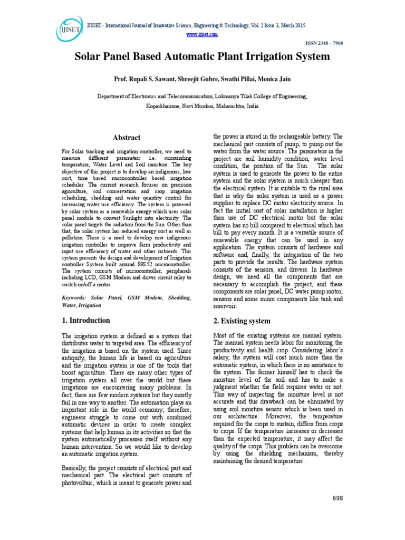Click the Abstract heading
coord(127,138)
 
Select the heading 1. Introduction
coord(86,321)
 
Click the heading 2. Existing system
coord(241,321)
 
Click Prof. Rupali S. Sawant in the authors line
coord(139,79)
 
